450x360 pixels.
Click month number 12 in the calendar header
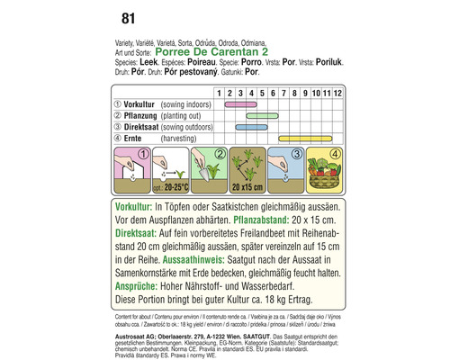pos(337,92)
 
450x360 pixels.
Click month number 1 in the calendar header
pos(219,92)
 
